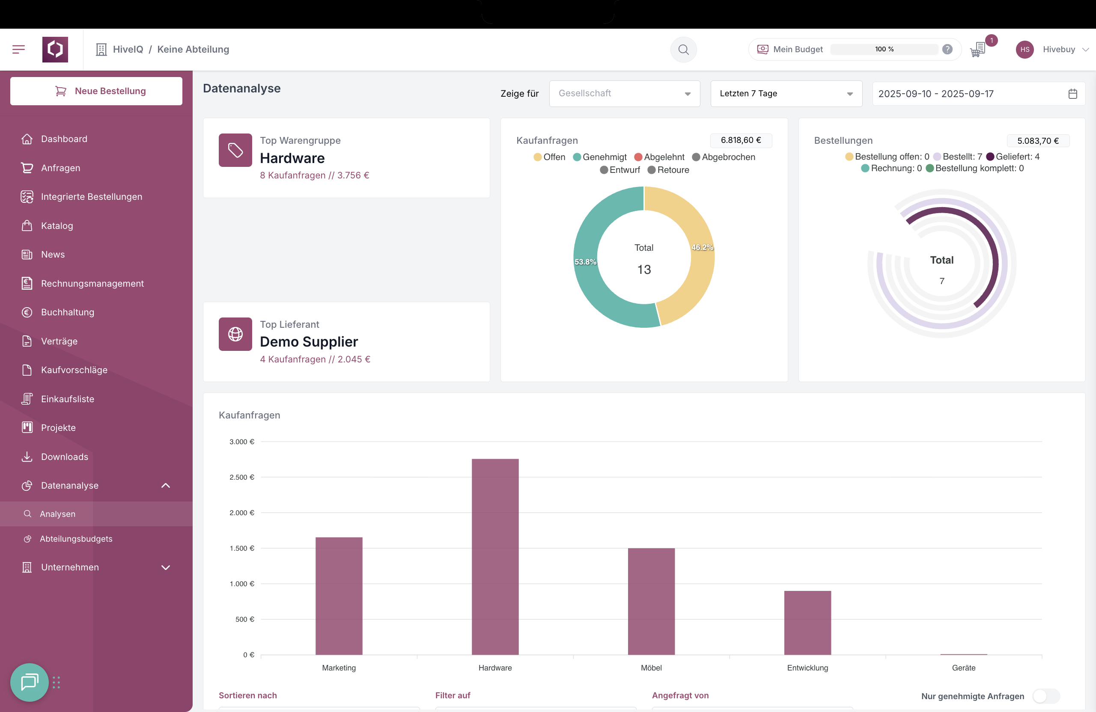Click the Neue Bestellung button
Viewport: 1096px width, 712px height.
pos(96,91)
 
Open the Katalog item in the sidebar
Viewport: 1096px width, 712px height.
pos(57,225)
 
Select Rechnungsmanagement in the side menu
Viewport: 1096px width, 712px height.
pos(92,284)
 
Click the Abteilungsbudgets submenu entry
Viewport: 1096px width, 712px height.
pos(76,538)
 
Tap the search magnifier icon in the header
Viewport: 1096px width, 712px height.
pos(683,49)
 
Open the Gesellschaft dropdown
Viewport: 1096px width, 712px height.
pos(625,93)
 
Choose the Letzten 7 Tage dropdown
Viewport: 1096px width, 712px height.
pos(786,93)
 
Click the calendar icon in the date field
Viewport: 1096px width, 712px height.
pos(1072,94)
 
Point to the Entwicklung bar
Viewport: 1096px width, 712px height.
pos(807,622)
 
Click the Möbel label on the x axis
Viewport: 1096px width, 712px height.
pos(651,667)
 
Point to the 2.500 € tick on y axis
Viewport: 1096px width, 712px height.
pos(242,477)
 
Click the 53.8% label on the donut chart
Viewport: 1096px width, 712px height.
pos(585,262)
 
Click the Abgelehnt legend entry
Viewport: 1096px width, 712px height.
pos(659,157)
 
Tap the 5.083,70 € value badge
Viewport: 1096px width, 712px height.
pos(1037,141)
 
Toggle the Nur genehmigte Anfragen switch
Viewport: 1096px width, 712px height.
pos(1046,696)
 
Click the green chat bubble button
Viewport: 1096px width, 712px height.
pos(30,682)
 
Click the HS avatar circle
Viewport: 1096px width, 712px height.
pos(1025,50)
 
